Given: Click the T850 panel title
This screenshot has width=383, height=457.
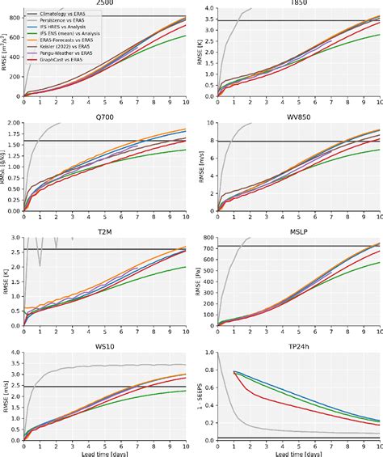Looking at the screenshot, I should tap(298, 3).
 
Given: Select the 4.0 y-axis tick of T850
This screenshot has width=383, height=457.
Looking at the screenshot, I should tap(207, 9).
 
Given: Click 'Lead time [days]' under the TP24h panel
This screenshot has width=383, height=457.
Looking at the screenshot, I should tap(298, 452).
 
